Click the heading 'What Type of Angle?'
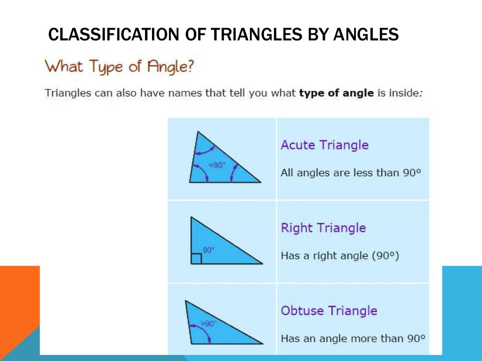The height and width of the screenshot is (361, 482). coord(119,66)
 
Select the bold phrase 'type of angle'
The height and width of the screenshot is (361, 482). coord(336,93)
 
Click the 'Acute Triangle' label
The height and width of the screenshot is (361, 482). coord(324,145)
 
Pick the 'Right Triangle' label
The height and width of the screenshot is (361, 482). coord(323,228)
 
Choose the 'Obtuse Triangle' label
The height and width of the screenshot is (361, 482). coord(329,311)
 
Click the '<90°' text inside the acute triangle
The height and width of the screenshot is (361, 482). coord(217,165)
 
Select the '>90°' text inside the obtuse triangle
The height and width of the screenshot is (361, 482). coord(208,323)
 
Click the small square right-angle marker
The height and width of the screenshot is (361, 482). coord(196,259)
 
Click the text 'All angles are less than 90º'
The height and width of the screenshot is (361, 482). coord(350,173)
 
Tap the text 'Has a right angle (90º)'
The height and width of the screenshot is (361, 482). coord(339,256)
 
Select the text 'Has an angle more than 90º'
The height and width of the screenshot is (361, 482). coord(353,338)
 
